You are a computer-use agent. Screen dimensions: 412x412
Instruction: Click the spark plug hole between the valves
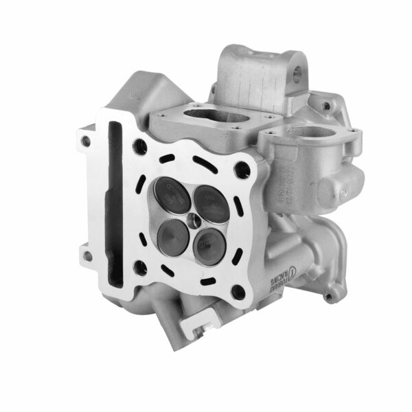point(195,220)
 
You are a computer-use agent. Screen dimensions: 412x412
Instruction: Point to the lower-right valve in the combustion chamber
point(209,245)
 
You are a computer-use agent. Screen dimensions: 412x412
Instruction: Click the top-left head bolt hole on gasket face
point(141,146)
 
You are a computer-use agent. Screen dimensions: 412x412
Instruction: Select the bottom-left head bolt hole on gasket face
point(140,267)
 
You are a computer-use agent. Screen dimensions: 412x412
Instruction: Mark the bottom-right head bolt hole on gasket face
point(238,293)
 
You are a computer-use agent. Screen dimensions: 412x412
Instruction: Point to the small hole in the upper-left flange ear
point(86,141)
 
